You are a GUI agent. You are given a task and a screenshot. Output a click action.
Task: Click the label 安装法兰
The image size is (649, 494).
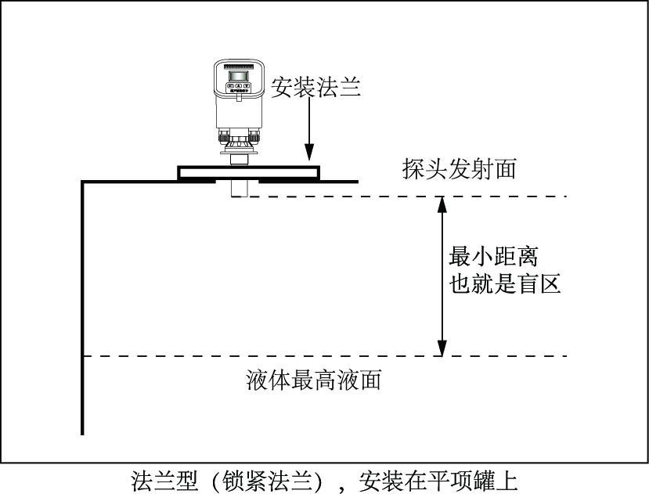[x=316, y=87]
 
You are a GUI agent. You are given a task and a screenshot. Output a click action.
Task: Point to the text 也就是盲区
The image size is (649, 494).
[x=505, y=283]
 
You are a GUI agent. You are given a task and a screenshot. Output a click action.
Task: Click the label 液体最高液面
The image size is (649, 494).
[x=312, y=381]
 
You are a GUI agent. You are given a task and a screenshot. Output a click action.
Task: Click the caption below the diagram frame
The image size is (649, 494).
[x=324, y=478]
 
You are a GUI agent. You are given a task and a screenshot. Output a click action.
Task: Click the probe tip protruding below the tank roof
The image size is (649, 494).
[x=240, y=189]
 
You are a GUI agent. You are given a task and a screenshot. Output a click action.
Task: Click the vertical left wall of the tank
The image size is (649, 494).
[x=82, y=313]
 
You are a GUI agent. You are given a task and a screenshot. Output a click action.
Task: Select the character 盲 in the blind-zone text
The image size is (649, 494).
[x=528, y=283]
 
